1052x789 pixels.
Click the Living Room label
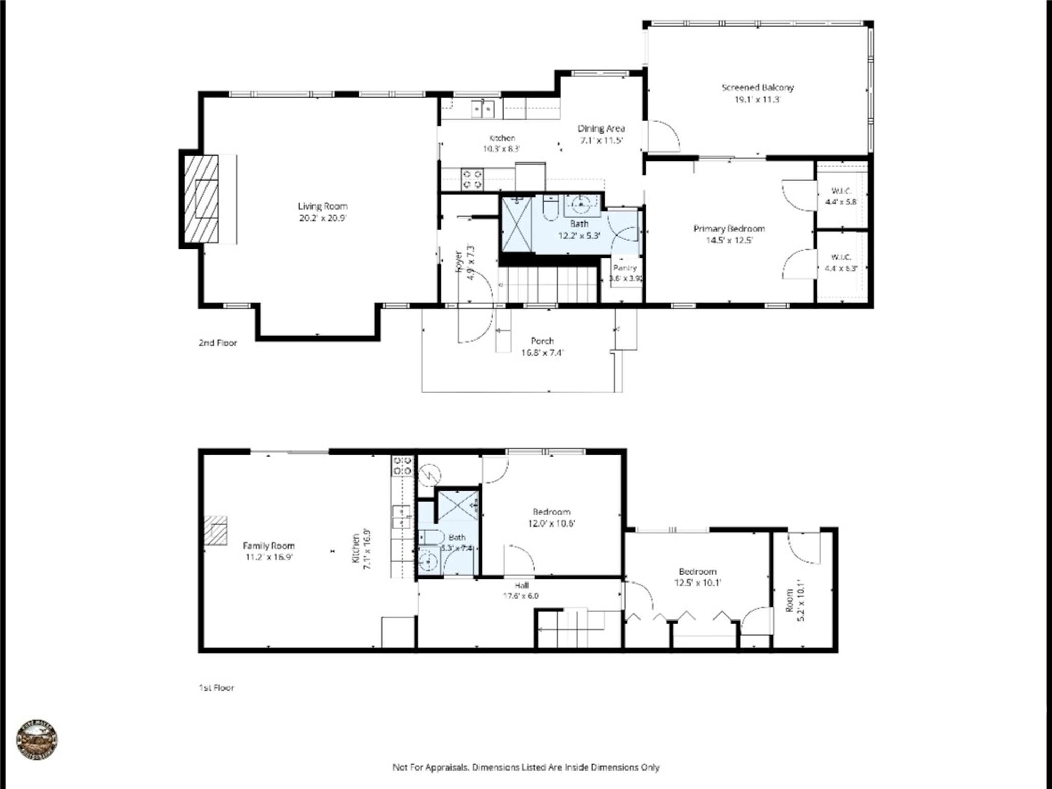[x=323, y=206]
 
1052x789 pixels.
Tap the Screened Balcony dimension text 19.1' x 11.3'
[x=757, y=100]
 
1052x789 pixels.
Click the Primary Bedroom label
[x=729, y=229]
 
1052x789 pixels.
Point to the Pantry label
[x=625, y=268]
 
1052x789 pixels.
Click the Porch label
[x=542, y=341]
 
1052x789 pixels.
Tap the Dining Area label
[x=601, y=128]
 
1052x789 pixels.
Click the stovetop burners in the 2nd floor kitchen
[x=473, y=178]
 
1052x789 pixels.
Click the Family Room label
[x=269, y=546]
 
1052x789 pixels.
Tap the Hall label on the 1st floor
[x=521, y=585]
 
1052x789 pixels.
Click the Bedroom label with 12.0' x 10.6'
[x=551, y=512]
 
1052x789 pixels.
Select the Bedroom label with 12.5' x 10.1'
[x=697, y=571]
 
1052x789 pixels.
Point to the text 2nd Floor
[x=218, y=343]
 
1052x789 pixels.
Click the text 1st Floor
[x=216, y=687]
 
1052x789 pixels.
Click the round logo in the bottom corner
[x=37, y=739]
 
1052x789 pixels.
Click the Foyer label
[x=459, y=260]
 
